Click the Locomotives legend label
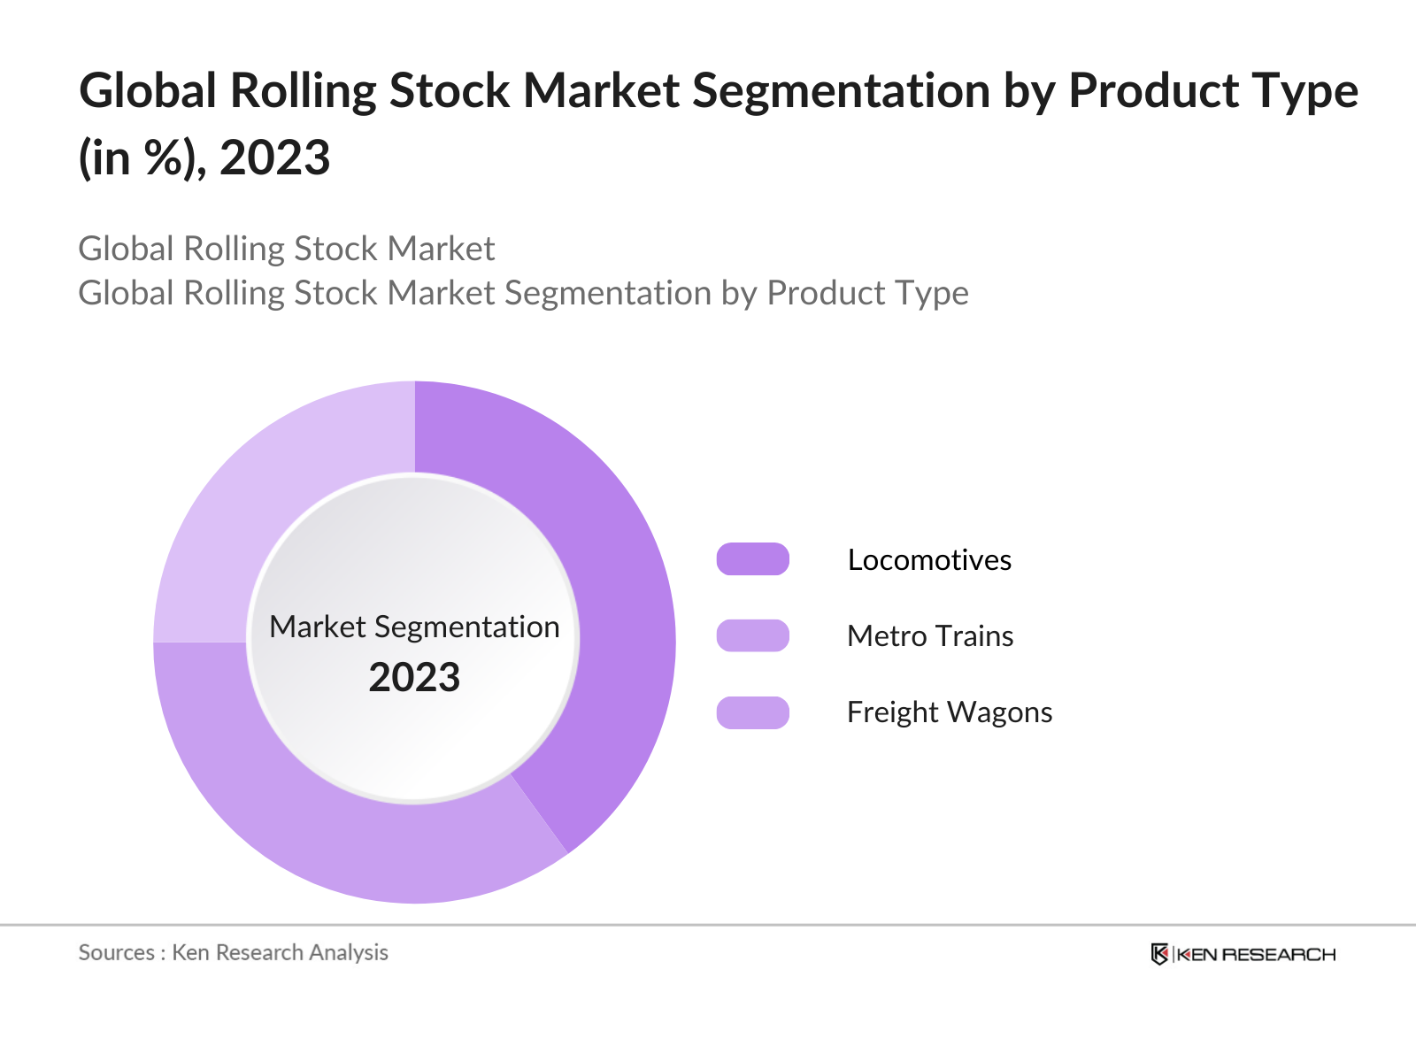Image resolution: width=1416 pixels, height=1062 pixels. [x=929, y=560]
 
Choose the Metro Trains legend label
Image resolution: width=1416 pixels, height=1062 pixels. [x=930, y=636]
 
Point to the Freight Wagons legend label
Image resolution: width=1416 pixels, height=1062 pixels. [x=950, y=712]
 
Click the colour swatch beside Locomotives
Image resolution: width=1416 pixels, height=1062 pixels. [x=752, y=559]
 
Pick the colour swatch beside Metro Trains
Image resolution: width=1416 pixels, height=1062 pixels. [x=752, y=635]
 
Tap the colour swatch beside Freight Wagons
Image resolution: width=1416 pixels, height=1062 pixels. [x=752, y=712]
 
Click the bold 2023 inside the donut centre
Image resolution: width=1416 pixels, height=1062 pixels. [x=414, y=678]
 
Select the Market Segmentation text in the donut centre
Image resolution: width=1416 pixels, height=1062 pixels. [x=414, y=627]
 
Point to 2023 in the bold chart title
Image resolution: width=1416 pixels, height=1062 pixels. [x=274, y=158]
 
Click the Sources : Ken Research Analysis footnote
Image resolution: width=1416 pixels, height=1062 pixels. [x=234, y=952]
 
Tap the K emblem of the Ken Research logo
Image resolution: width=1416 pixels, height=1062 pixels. [x=1159, y=954]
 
